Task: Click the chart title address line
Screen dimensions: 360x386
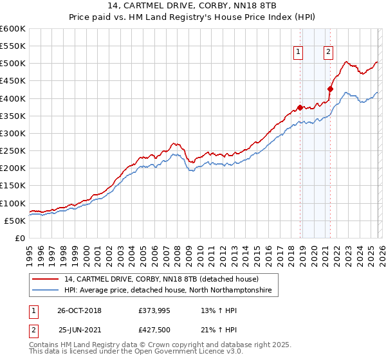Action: point(192,6)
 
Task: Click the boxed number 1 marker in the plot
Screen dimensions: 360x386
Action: point(299,53)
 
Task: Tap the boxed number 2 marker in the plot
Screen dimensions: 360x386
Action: point(328,53)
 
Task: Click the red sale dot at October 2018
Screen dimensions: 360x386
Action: point(300,107)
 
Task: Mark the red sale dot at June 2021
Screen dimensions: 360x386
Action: point(330,89)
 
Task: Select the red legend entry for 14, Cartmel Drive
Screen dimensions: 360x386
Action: point(161,280)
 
